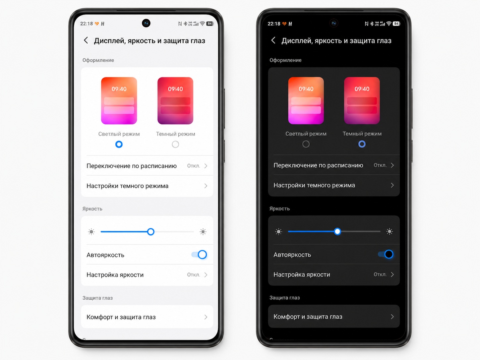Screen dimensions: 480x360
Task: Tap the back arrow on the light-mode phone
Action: [86, 40]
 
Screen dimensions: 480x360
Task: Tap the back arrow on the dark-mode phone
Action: [273, 40]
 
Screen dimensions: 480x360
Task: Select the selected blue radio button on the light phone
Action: [119, 144]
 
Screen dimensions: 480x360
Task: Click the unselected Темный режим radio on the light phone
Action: [175, 144]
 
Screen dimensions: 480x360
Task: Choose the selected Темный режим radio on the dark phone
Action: [362, 144]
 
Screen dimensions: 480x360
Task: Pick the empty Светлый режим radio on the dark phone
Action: [306, 144]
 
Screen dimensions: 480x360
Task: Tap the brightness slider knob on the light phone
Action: [151, 232]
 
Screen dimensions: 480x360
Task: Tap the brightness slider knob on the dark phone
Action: [337, 231]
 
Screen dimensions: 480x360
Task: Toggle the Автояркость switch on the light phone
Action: [199, 255]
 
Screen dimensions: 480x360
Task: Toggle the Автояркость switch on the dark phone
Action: [386, 254]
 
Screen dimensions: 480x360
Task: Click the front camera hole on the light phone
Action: [146, 23]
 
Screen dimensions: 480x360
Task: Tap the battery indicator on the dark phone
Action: [396, 24]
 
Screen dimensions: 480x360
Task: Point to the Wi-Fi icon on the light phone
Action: [203, 24]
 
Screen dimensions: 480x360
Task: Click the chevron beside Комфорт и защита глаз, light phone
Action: [206, 317]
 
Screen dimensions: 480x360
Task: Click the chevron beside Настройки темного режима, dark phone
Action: [392, 185]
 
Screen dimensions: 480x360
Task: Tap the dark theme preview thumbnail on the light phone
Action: [175, 100]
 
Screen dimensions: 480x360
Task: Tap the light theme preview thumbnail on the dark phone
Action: [306, 100]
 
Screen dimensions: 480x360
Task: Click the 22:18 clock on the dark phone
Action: [274, 24]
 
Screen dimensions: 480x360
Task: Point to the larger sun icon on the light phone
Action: [203, 232]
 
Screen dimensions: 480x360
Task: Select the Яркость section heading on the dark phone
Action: [279, 209]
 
